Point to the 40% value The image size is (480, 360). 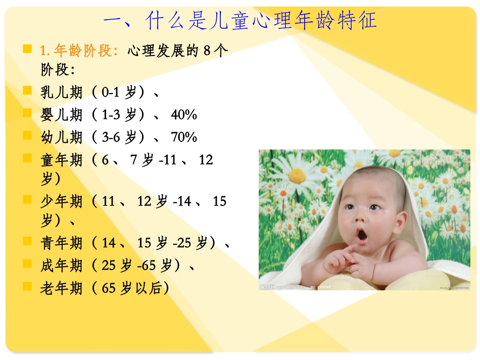tap(184, 115)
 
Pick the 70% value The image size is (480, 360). tap(184, 137)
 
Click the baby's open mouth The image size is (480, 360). tap(362, 235)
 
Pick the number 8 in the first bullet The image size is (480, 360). tap(207, 50)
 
